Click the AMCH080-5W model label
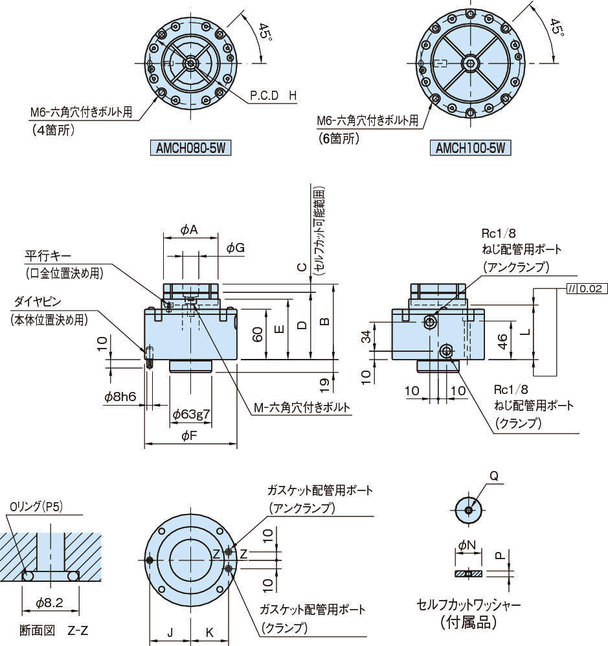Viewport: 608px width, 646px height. [x=192, y=148]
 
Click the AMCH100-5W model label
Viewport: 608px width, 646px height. [x=471, y=148]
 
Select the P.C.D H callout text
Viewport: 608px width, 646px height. [x=274, y=96]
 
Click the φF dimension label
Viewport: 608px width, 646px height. [x=189, y=437]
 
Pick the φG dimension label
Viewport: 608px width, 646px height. [x=236, y=248]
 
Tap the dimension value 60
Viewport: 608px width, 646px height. [x=257, y=334]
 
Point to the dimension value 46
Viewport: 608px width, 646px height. [x=502, y=341]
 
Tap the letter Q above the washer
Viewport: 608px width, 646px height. [x=493, y=476]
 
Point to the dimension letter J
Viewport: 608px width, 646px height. [x=169, y=632]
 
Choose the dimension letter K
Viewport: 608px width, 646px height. [x=210, y=632]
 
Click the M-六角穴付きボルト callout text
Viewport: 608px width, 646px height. [x=302, y=408]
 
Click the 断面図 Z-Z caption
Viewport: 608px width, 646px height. [x=52, y=629]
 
